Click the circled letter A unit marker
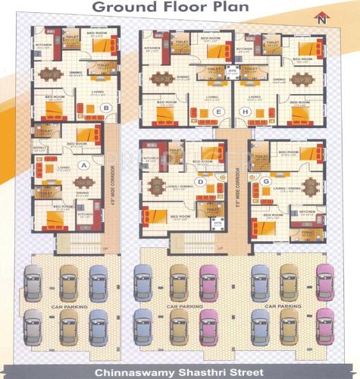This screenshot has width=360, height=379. [83, 164]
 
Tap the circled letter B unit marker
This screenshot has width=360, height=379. [107, 108]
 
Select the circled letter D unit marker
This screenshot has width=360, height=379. [201, 181]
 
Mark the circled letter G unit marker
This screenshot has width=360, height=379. [266, 181]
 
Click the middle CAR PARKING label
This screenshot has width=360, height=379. [181, 307]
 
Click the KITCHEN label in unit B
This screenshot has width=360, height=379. [43, 44]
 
